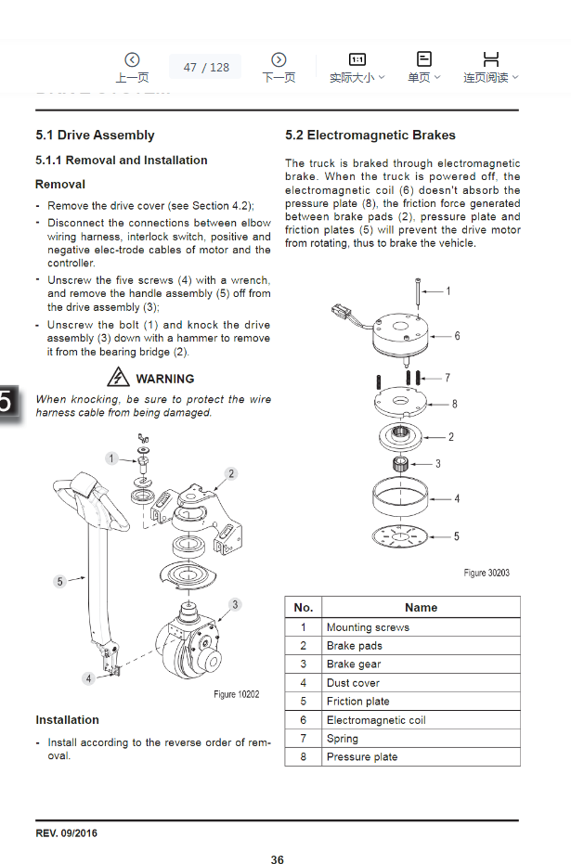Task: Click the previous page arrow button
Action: [132, 60]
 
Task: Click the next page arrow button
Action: [278, 60]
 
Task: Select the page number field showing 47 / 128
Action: [205, 67]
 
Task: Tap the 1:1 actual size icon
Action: [357, 59]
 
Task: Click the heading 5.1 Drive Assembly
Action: [95, 135]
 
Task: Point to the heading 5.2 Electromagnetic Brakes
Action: [370, 135]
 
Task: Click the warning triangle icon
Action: [118, 378]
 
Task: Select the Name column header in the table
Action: [421, 608]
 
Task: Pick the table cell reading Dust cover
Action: [353, 683]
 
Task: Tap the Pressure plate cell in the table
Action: [362, 757]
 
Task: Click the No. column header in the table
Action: [303, 608]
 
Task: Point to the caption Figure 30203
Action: [486, 573]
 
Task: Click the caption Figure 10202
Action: [237, 694]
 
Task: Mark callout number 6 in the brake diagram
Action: [457, 337]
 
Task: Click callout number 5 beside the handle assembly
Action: [59, 582]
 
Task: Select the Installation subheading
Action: [67, 720]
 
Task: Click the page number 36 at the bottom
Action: [278, 860]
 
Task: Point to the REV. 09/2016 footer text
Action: [66, 833]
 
